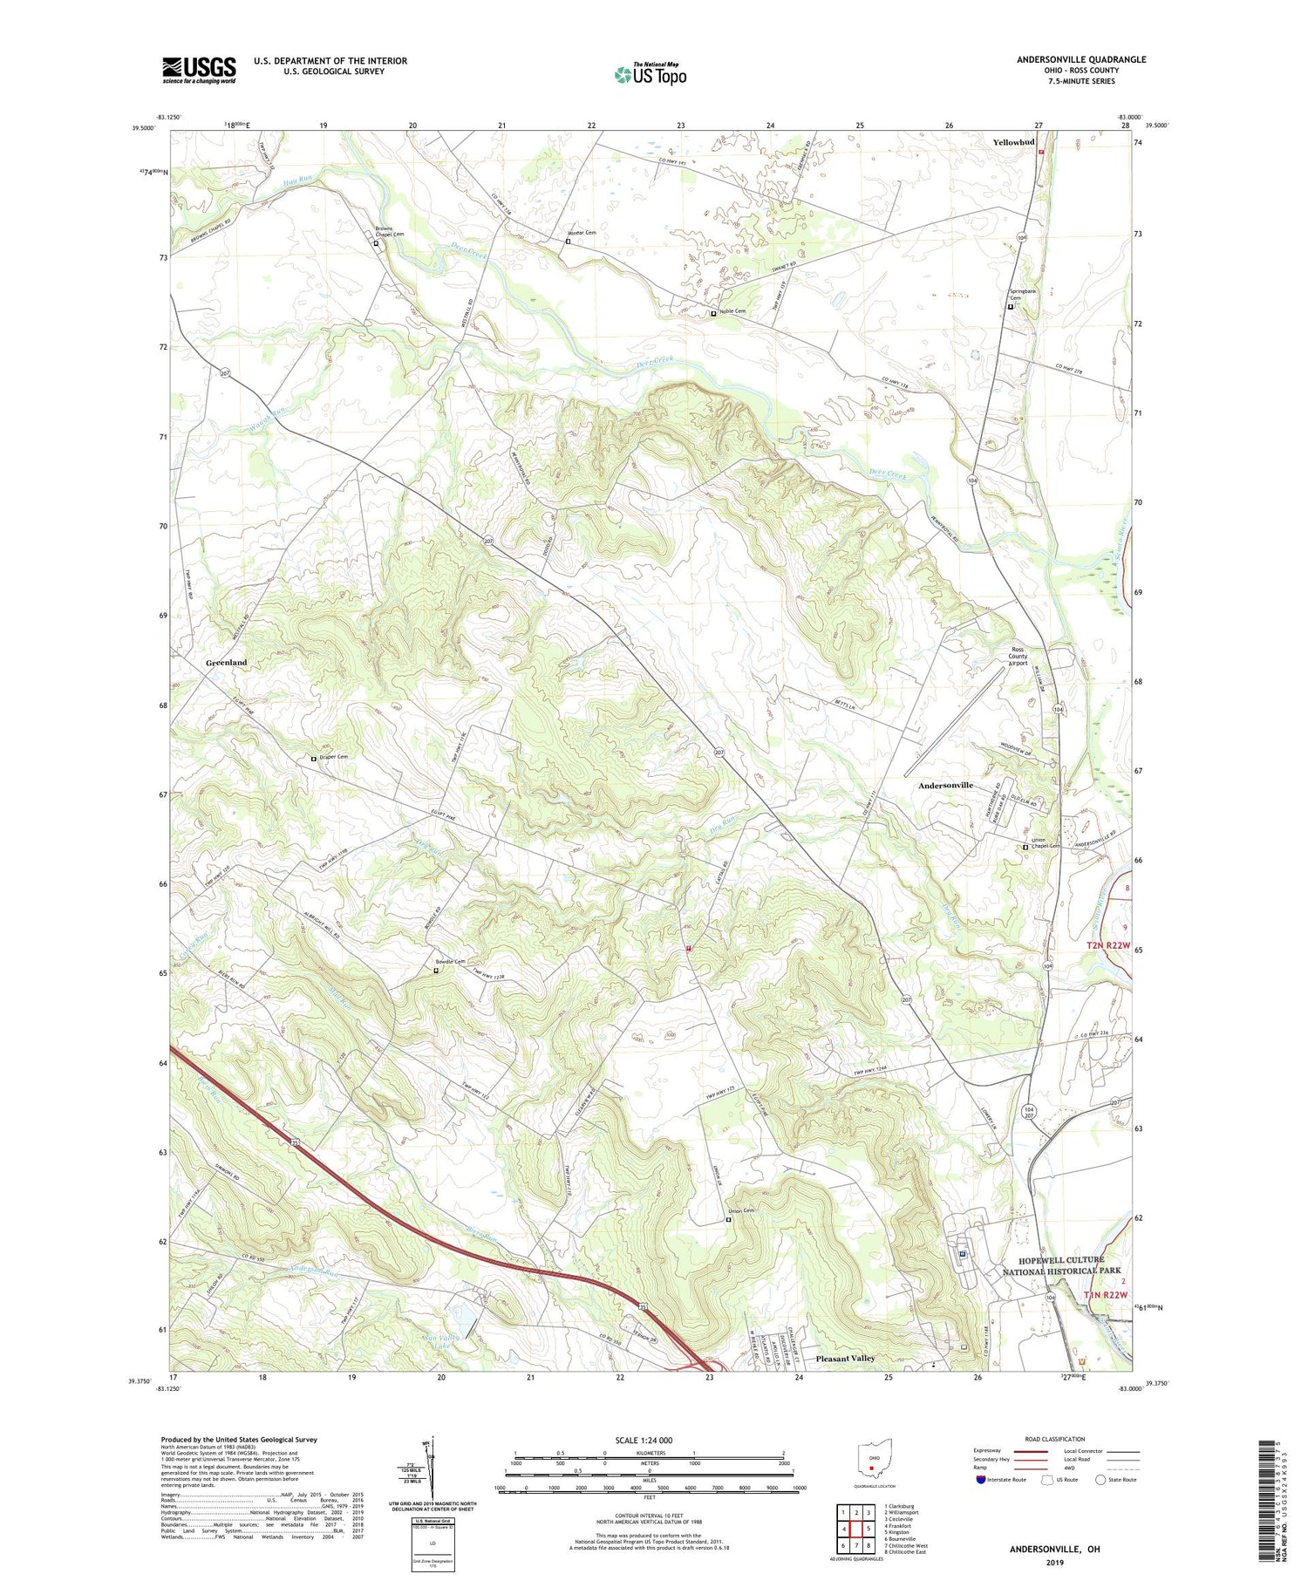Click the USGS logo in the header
(x=199, y=70)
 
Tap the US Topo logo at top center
(x=650, y=74)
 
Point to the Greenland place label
(x=226, y=663)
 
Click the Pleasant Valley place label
(x=845, y=1359)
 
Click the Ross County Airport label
(x=1018, y=656)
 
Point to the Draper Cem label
(x=332, y=757)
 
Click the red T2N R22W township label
(x=1107, y=946)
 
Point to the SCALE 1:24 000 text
(x=650, y=1440)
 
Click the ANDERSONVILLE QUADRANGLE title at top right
(x=1080, y=59)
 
